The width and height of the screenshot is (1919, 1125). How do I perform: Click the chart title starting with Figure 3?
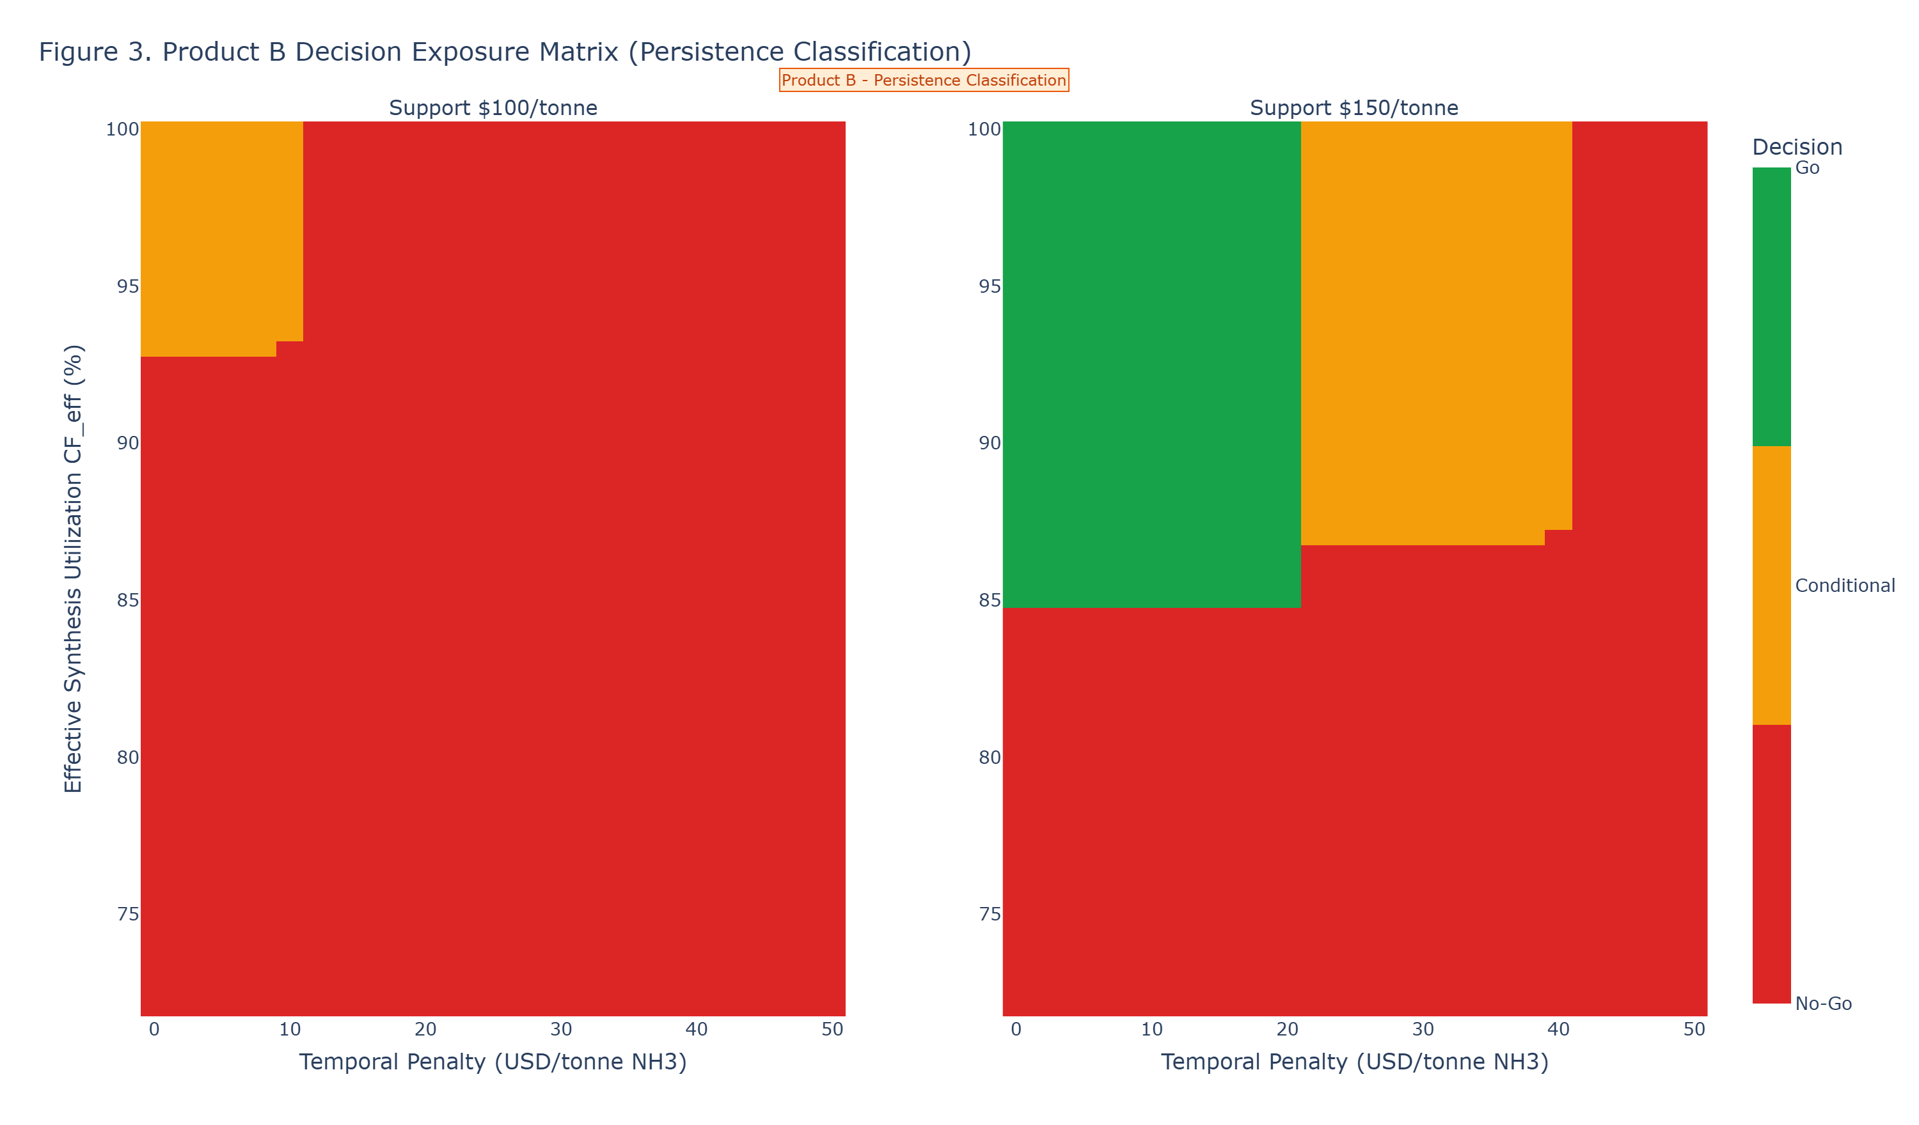click(x=505, y=52)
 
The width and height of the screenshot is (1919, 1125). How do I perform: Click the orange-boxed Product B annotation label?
click(x=924, y=80)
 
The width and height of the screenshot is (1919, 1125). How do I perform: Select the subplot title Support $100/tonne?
click(x=493, y=108)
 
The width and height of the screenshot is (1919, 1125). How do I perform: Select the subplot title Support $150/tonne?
click(x=1354, y=108)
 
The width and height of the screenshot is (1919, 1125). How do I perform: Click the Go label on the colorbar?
click(x=1807, y=168)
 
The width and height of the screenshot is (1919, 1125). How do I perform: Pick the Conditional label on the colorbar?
click(x=1844, y=586)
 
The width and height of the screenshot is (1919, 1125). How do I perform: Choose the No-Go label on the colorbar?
click(x=1823, y=1003)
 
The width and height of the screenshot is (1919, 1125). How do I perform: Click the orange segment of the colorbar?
click(x=1771, y=585)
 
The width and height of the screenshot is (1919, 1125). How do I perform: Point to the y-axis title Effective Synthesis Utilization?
click(x=73, y=569)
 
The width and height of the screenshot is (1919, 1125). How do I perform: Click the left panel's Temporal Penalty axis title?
click(x=493, y=1062)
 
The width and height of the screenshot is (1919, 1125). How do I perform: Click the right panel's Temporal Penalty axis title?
click(x=1354, y=1062)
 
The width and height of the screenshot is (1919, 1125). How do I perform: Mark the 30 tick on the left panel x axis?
click(x=561, y=1030)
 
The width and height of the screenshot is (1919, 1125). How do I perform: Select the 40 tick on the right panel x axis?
click(x=1558, y=1030)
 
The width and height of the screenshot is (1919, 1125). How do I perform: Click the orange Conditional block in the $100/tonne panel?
click(x=221, y=236)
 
